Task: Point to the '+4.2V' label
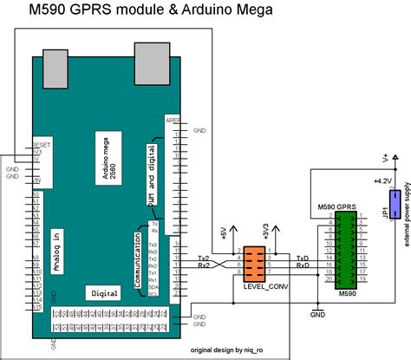pos(382,180)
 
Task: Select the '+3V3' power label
pos(266,232)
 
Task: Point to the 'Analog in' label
pos(58,252)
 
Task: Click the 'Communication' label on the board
pos(136,259)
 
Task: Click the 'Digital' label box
pos(105,292)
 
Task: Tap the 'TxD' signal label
pos(303,259)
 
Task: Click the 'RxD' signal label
pos(303,267)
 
